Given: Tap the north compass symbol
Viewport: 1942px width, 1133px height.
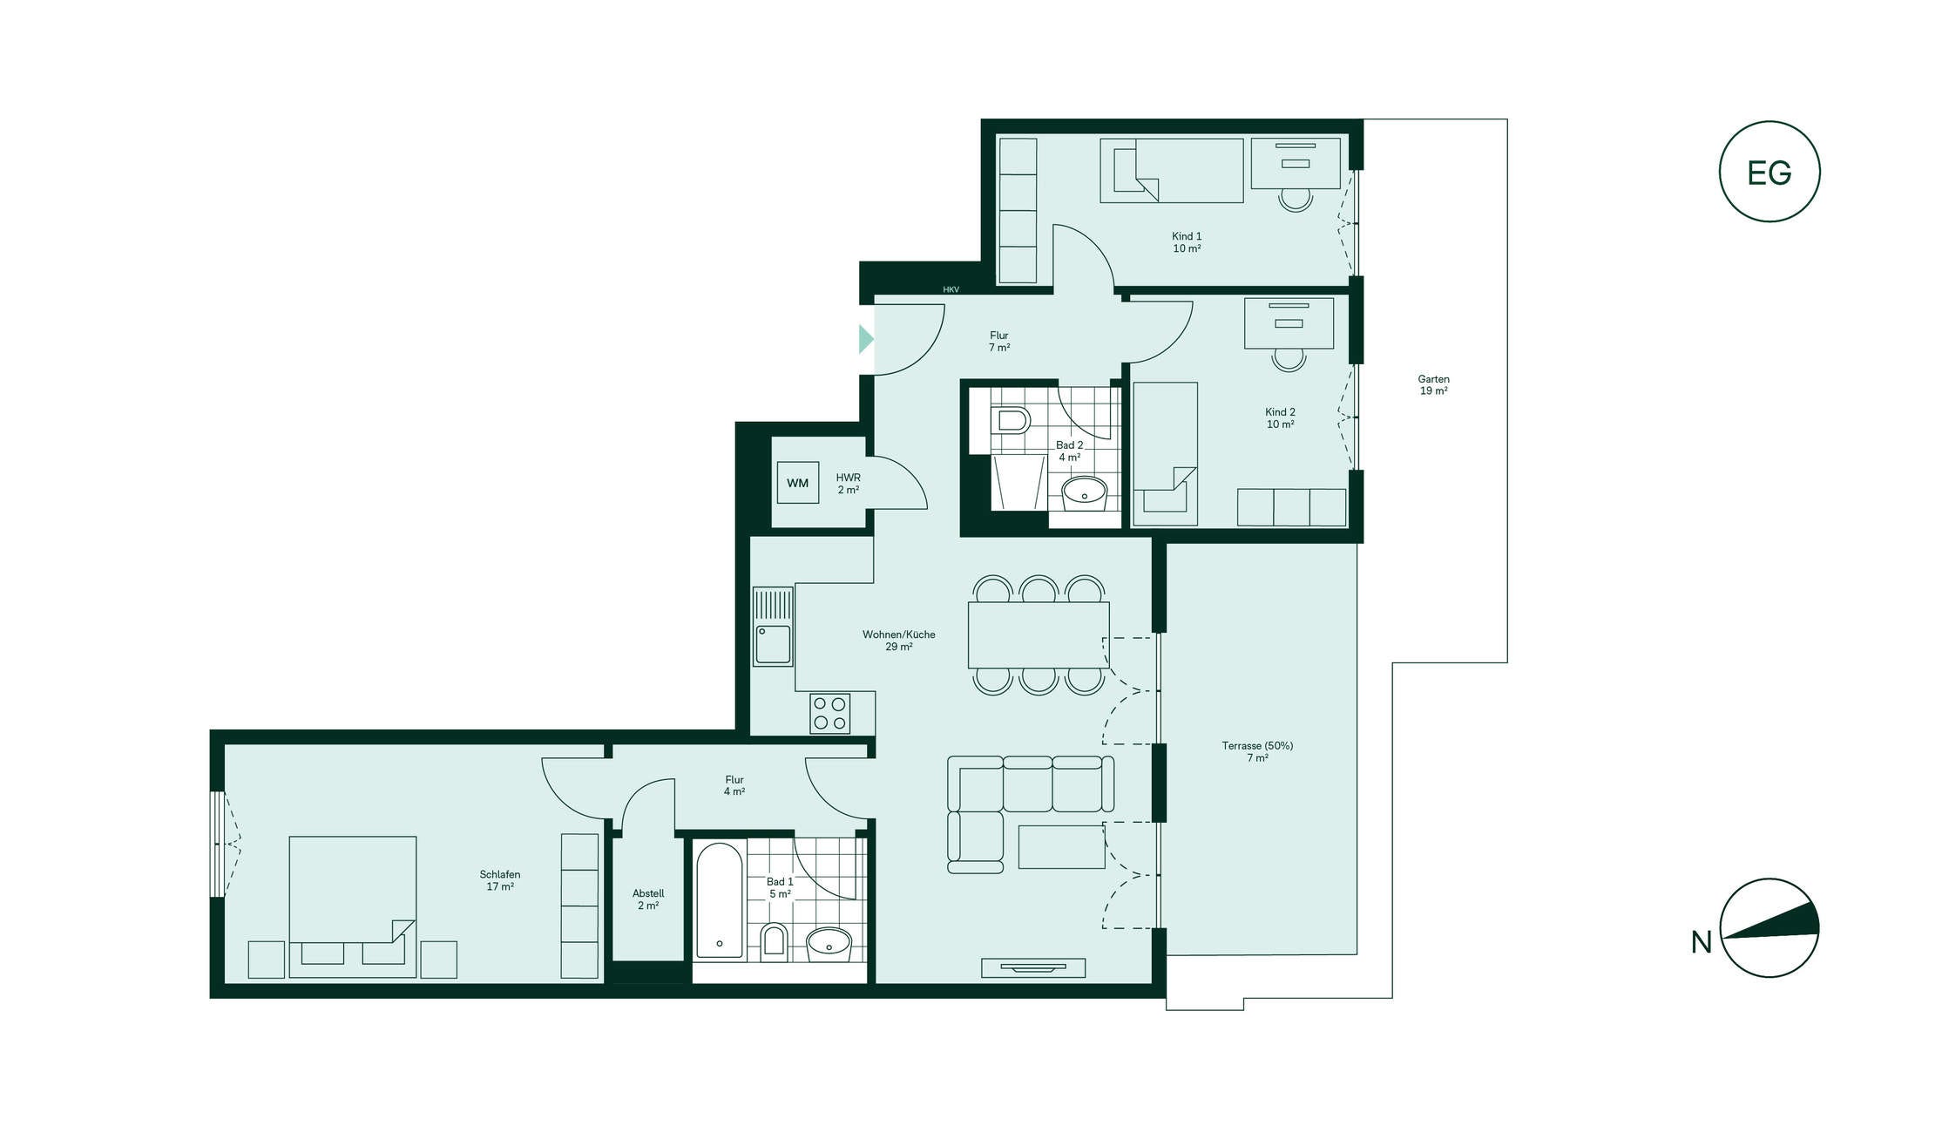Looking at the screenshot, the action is click(x=1769, y=927).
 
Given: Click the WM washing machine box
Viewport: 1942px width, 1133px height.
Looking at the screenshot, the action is click(x=798, y=483).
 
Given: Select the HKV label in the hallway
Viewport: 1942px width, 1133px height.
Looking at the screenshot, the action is click(x=951, y=289).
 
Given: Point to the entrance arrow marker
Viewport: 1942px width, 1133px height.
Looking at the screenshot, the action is click(x=866, y=339).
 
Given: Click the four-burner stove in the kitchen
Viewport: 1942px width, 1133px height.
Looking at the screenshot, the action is click(x=829, y=713).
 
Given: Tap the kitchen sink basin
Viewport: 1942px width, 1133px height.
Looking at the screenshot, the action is click(x=773, y=644).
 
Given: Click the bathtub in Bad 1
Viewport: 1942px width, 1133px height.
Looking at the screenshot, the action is click(x=720, y=900).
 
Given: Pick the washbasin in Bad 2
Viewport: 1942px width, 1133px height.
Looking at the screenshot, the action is click(x=1084, y=493).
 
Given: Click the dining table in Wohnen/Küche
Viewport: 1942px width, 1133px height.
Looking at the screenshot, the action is click(x=1039, y=635).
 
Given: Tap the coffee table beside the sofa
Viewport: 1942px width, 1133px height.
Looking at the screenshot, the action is click(x=1062, y=846).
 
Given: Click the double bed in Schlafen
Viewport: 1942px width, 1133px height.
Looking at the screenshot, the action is click(x=353, y=907).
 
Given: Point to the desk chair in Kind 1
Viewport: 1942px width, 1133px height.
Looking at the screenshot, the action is click(x=1296, y=200).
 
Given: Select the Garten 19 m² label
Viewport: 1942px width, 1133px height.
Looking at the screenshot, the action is click(x=1433, y=385).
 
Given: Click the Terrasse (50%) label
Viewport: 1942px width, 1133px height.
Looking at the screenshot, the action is click(x=1257, y=746).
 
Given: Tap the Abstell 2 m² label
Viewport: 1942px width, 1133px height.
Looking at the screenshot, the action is click(x=648, y=899).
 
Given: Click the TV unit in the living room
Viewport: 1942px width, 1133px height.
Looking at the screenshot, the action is click(x=1033, y=967).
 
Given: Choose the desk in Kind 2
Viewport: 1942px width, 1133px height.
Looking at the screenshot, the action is click(x=1289, y=323).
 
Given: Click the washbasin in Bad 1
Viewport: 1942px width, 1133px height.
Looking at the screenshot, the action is click(x=829, y=942).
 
